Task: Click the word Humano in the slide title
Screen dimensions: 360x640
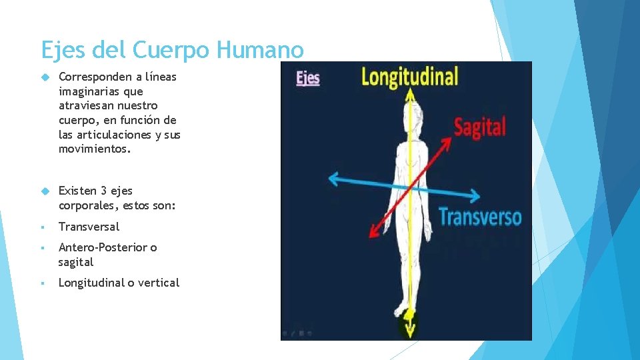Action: point(267,50)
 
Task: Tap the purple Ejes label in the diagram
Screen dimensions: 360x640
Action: point(308,78)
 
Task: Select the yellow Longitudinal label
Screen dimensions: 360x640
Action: point(409,77)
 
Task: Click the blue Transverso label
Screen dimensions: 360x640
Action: point(479,217)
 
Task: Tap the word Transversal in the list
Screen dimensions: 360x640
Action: point(89,227)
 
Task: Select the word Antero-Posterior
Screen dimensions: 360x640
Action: point(108,247)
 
